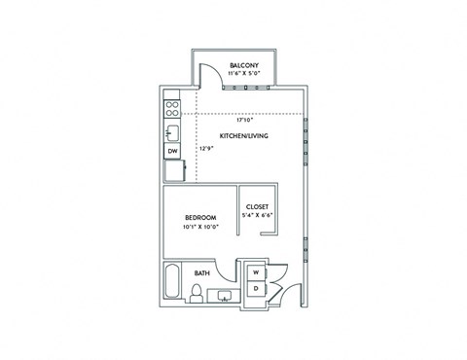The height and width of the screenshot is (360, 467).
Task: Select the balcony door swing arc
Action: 207,76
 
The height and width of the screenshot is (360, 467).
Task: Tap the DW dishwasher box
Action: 171,151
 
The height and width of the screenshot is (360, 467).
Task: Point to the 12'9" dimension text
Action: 205,149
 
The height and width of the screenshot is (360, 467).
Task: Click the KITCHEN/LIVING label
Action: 243,135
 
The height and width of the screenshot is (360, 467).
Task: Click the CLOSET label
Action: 257,206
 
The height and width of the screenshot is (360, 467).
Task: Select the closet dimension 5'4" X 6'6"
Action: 257,215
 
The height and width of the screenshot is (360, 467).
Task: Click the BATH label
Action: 202,273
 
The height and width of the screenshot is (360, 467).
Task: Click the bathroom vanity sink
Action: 225,297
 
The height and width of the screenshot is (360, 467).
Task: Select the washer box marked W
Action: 256,273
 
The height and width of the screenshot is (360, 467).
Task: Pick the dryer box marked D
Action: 256,290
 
